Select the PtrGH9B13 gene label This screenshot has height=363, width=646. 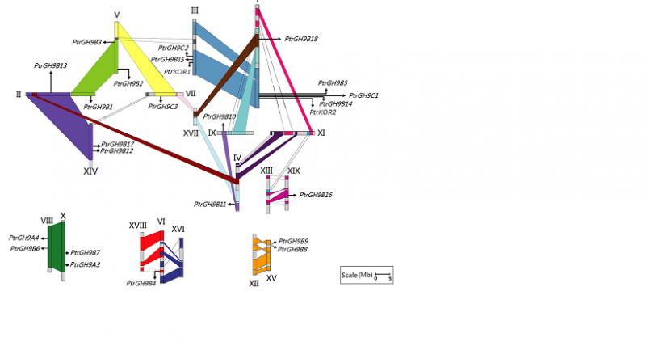coord(50,65)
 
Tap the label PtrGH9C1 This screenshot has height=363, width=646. coord(364,95)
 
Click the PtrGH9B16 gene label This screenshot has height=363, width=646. coord(316,195)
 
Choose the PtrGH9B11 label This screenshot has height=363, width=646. coord(210,205)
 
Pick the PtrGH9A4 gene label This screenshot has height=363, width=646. coord(23,238)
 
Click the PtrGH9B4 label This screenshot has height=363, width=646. coord(141,283)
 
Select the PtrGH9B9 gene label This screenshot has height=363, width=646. coord(293,241)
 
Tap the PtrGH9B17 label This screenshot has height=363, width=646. coord(118,144)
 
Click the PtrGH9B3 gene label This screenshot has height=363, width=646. coord(86,42)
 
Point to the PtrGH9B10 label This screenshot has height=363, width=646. coord(220,117)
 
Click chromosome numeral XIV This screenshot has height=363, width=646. coord(90,171)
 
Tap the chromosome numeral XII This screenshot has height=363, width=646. coord(254,284)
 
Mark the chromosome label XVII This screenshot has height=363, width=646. coord(191,132)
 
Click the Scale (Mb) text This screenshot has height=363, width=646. coord(357,276)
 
